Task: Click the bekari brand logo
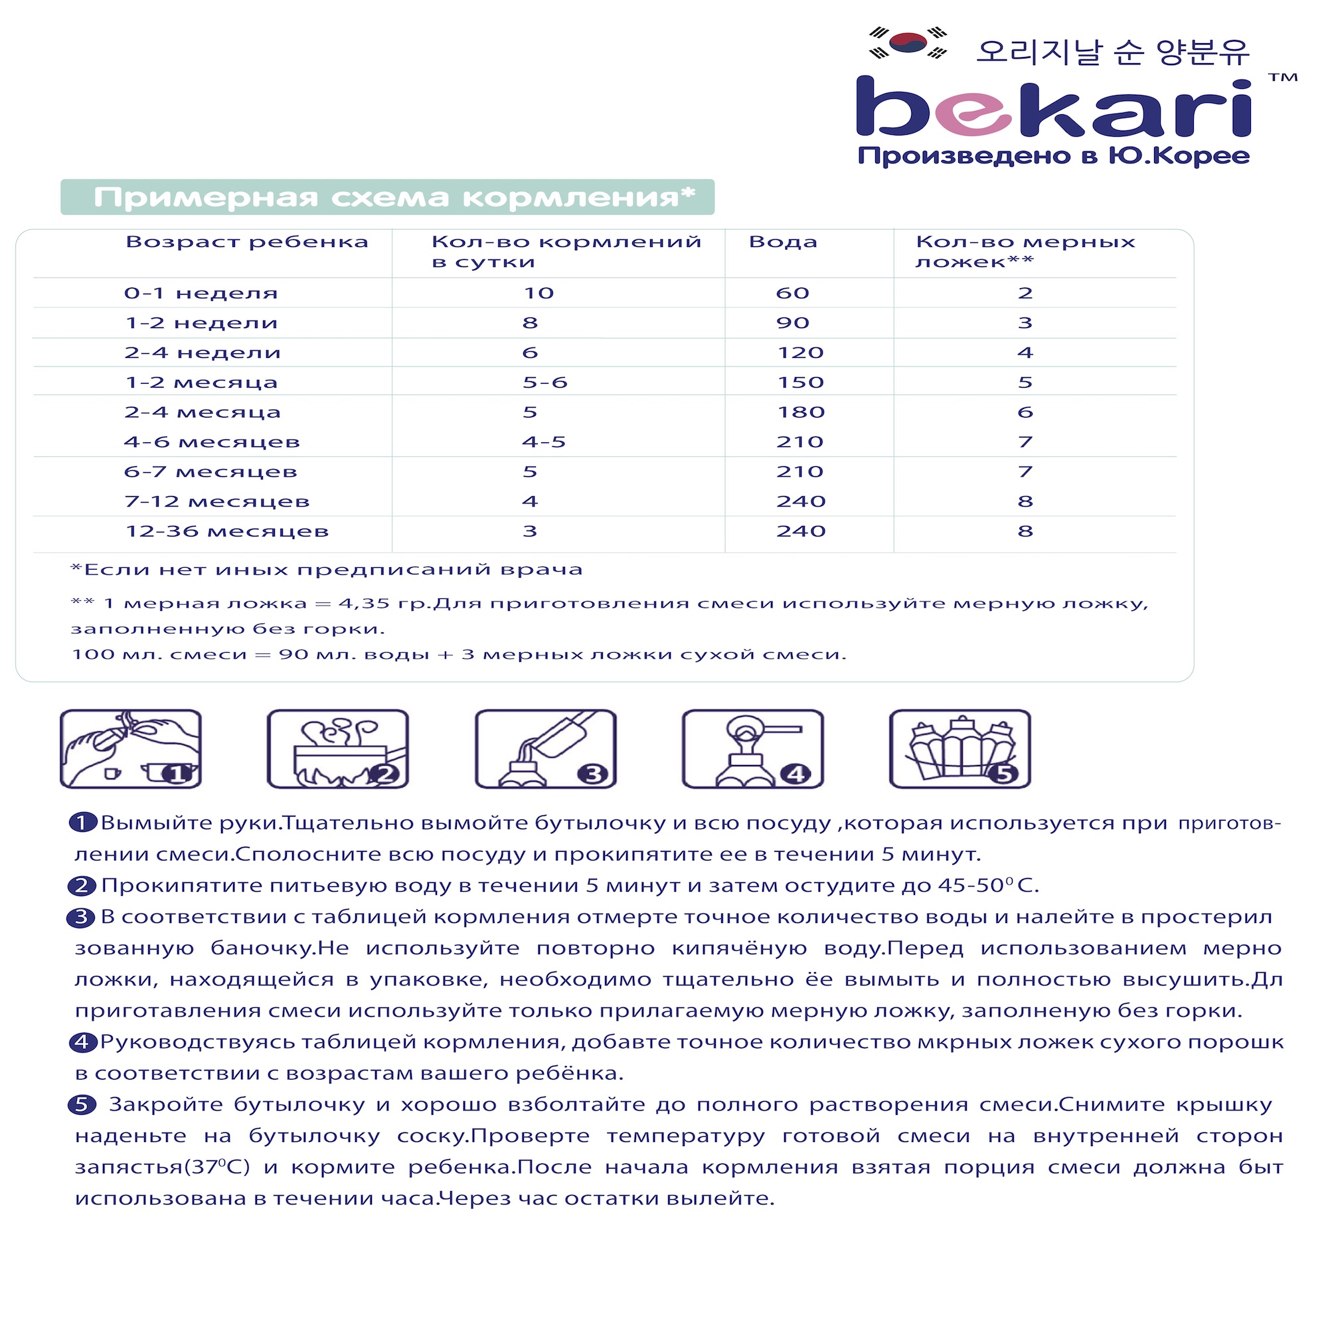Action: point(1053,108)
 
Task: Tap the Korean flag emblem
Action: point(907,42)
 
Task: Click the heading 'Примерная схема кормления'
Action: point(394,197)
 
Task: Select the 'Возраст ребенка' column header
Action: point(247,242)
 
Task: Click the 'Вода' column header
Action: point(783,242)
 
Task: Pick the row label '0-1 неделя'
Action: point(201,293)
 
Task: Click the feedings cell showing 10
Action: point(539,293)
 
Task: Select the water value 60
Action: point(793,293)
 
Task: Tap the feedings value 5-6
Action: point(544,383)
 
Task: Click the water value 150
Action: point(800,383)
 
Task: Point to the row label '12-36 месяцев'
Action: point(227,531)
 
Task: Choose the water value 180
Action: point(800,412)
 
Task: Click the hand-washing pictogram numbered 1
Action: point(131,748)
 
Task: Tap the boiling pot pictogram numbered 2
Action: point(337,748)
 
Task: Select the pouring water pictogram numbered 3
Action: point(545,748)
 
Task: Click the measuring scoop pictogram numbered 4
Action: point(753,748)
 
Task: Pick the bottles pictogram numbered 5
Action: point(959,748)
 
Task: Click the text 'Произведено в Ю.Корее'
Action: point(1053,156)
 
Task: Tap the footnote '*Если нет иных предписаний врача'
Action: point(327,570)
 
